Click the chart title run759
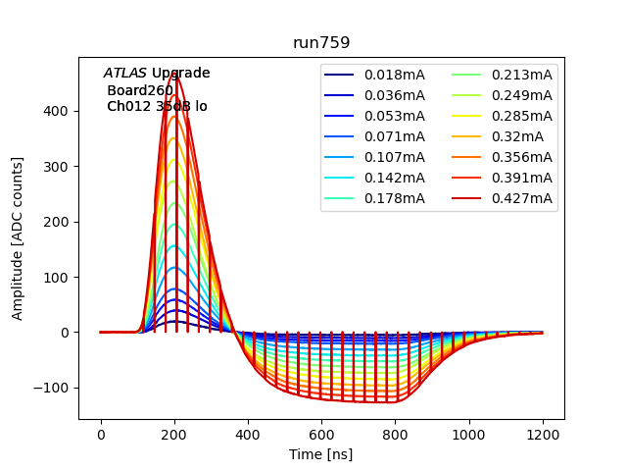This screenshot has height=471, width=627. (x=321, y=43)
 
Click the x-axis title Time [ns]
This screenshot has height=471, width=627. (x=321, y=454)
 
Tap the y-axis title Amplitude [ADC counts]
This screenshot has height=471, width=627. (x=18, y=249)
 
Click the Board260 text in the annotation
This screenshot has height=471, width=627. (x=140, y=90)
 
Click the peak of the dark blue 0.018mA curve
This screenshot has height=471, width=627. (x=175, y=321)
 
